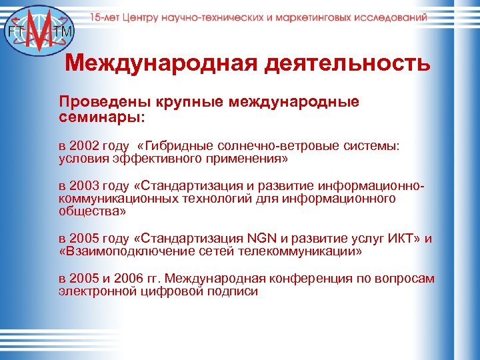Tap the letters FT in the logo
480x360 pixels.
tap(13, 31)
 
